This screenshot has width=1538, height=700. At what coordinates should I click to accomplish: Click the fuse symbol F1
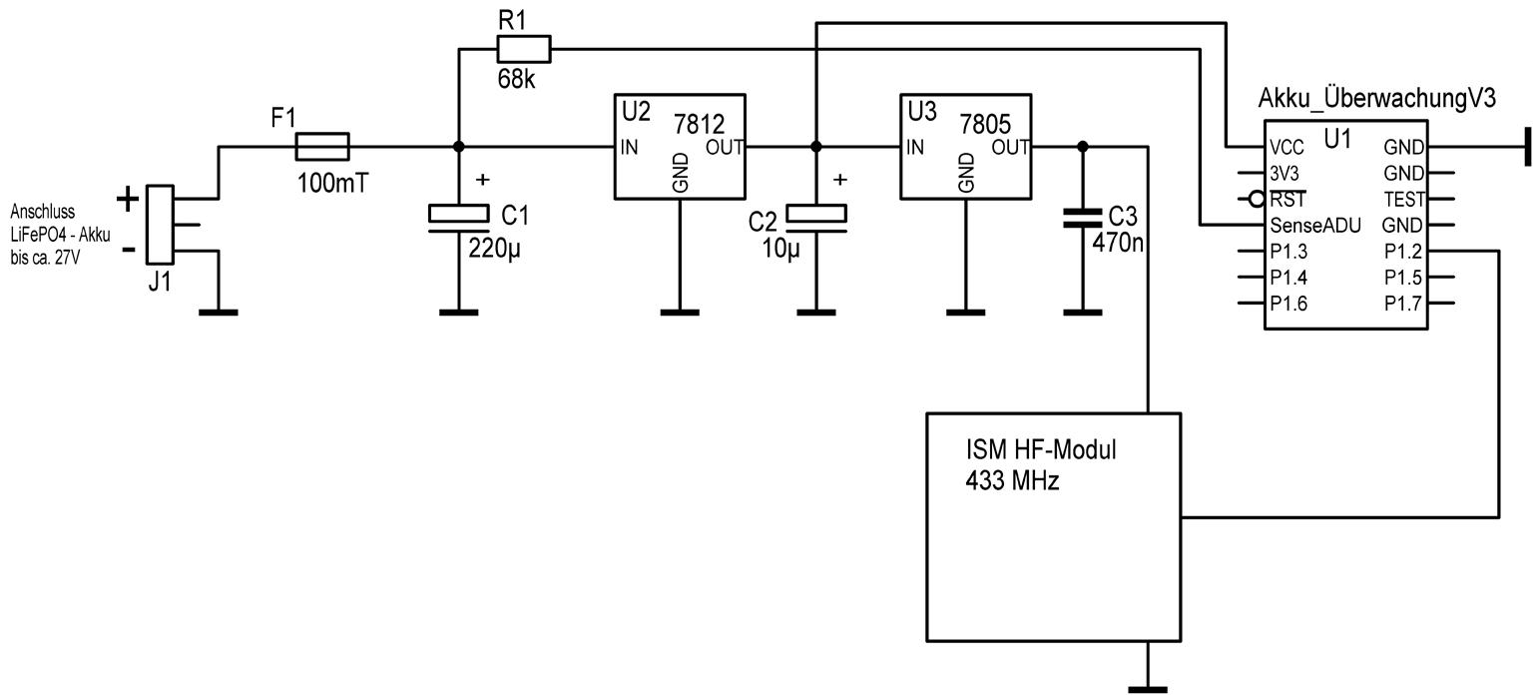[322, 147]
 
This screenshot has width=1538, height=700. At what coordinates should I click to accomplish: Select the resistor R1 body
[523, 48]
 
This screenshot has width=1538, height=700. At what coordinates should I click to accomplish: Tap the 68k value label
[516, 79]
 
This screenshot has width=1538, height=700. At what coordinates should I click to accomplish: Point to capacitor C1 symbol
[458, 218]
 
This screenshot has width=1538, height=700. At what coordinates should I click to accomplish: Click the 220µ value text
[494, 248]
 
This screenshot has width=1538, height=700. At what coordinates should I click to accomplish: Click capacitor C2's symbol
[816, 218]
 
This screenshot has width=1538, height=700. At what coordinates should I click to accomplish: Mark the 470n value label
[1118, 242]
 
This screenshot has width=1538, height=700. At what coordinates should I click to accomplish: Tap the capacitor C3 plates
[1083, 218]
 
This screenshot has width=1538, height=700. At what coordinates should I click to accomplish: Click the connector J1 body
[160, 226]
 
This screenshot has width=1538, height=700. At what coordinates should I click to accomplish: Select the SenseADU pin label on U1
[1315, 226]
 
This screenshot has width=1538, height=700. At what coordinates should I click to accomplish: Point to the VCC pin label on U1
[1287, 148]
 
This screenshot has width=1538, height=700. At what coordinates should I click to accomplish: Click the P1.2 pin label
[1403, 252]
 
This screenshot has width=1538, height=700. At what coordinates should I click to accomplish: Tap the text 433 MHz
[1012, 480]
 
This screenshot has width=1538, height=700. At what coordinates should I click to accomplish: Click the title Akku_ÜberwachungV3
[1377, 99]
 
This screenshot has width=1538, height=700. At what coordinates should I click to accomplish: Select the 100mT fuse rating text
[333, 183]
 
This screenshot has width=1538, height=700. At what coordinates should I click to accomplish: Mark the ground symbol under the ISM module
[1148, 687]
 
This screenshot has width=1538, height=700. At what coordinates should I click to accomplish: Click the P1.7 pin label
[1403, 304]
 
